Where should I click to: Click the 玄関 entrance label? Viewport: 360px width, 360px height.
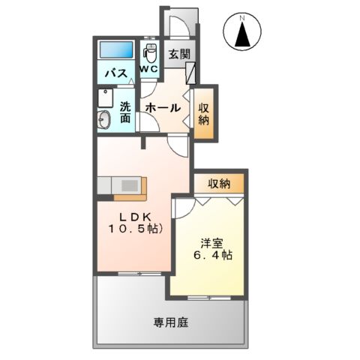pos(178,54)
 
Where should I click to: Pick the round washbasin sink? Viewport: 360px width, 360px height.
pos(104,119)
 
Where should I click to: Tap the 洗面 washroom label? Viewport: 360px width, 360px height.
pos(125,112)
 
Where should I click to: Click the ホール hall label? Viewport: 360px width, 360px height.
pos(163,107)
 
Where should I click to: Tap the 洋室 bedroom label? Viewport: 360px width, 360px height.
pos(211,242)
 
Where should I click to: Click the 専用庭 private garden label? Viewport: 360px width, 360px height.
pos(170,322)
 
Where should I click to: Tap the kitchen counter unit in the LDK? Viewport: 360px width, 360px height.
pos(121,184)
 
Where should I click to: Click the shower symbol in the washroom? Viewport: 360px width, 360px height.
pos(103,98)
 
